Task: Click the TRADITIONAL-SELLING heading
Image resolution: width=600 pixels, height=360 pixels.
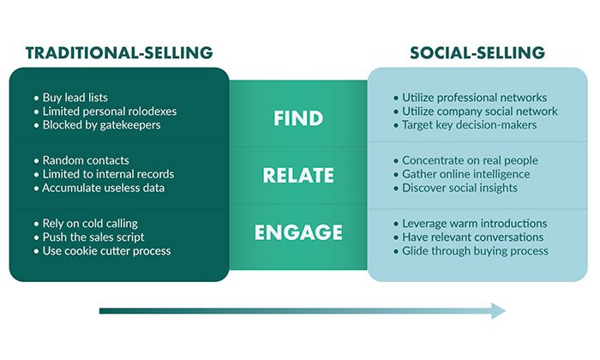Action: click(x=119, y=52)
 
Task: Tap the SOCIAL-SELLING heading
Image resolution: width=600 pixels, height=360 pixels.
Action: click(x=477, y=52)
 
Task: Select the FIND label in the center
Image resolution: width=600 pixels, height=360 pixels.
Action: click(x=297, y=117)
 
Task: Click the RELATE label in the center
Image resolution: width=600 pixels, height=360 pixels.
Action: click(x=298, y=175)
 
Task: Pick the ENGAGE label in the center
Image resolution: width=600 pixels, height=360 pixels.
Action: click(x=298, y=231)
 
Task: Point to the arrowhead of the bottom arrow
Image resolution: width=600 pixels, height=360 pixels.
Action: click(x=498, y=310)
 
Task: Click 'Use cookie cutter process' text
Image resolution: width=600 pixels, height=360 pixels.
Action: click(x=111, y=251)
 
